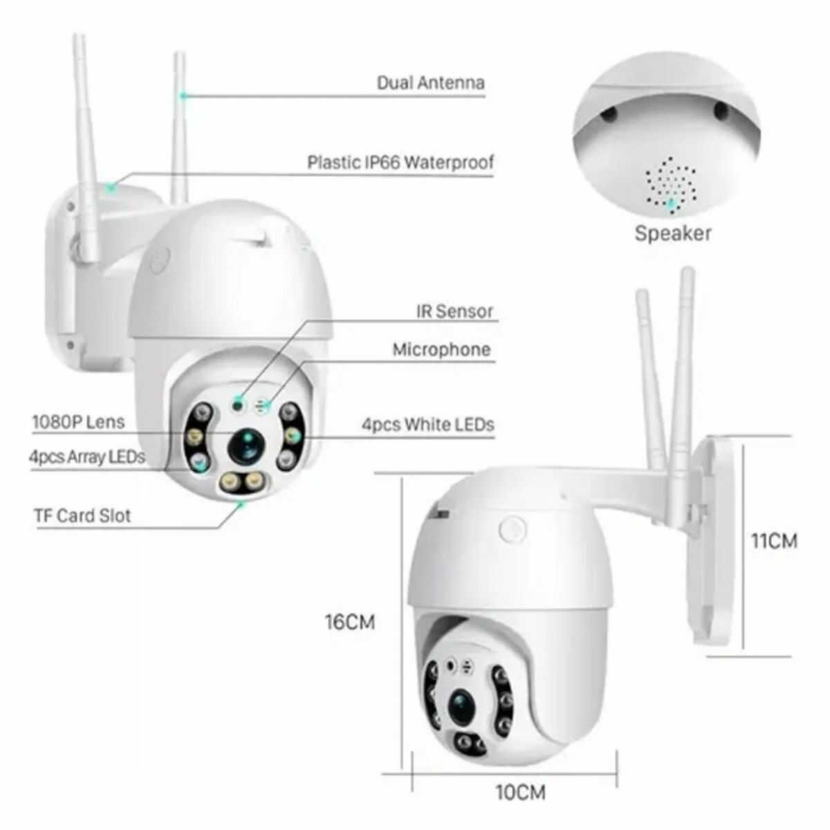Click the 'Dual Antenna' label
431,82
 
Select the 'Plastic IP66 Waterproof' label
400,163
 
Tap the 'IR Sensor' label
454,311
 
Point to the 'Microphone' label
441,349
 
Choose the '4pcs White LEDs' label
427,425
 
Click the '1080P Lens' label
78,422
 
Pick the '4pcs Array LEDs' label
87,456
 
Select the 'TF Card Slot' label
82,515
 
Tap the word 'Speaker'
673,234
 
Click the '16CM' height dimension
350,622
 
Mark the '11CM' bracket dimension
774,541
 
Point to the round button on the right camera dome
513,529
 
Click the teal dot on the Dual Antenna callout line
184,95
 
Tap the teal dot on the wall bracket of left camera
111,187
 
